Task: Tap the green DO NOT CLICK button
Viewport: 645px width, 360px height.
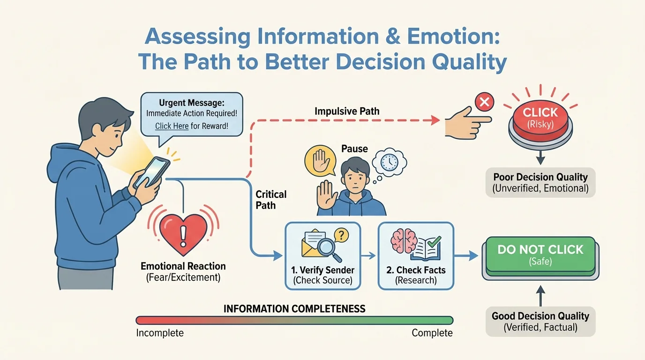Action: tap(540, 255)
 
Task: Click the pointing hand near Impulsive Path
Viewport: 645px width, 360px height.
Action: tap(466, 121)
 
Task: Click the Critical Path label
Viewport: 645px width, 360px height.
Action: tap(271, 199)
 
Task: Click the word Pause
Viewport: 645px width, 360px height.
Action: tap(355, 149)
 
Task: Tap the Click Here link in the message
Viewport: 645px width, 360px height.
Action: tap(172, 126)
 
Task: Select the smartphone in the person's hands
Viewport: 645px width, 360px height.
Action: tap(151, 172)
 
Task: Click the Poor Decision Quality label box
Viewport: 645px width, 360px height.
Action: tap(540, 182)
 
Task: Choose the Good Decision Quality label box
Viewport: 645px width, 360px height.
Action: tap(540, 322)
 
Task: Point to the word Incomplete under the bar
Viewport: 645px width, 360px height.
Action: tap(160, 333)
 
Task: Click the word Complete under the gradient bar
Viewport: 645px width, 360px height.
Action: tap(432, 333)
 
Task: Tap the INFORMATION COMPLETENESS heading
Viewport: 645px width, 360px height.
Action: tap(294, 309)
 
